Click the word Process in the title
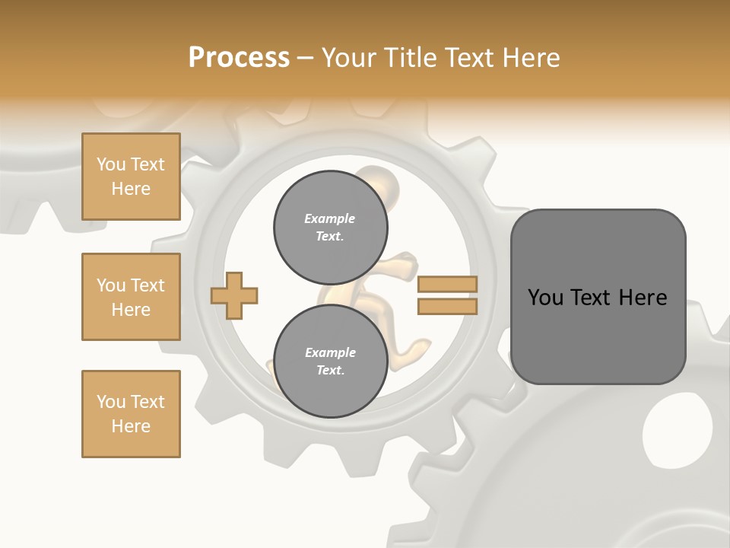[239, 58]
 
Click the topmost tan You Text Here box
[131, 177]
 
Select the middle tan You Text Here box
[131, 297]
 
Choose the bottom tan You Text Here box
[131, 414]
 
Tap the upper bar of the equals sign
[447, 284]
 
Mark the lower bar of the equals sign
[447, 306]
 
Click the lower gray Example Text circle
[330, 362]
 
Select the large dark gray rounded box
[598, 296]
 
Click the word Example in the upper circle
[330, 218]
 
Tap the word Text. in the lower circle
[330, 371]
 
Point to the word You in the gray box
[545, 298]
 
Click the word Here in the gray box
[643, 298]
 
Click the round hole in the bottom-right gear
[678, 429]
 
